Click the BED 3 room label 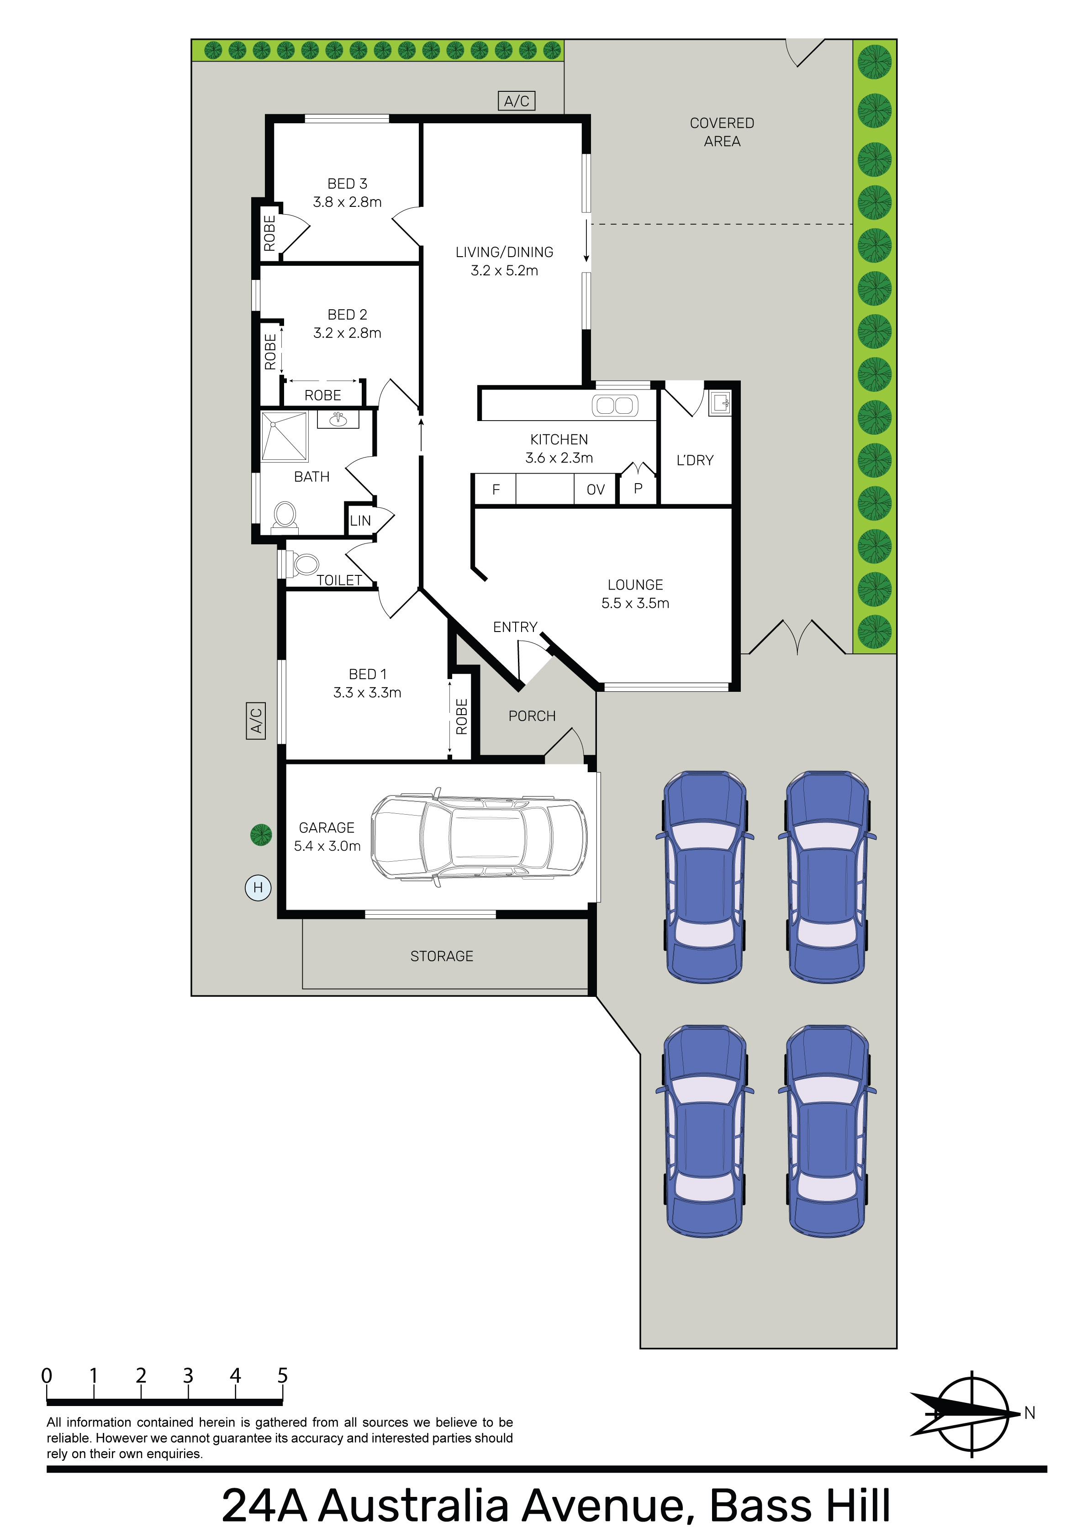347,184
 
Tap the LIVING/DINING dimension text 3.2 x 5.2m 504,271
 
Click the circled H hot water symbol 258,888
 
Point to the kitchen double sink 615,405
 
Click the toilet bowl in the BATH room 285,516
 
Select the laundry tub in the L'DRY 720,403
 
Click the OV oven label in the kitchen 596,490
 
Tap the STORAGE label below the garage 442,957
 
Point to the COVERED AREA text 722,132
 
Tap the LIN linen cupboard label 360,521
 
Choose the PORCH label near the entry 532,716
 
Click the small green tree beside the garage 261,835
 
